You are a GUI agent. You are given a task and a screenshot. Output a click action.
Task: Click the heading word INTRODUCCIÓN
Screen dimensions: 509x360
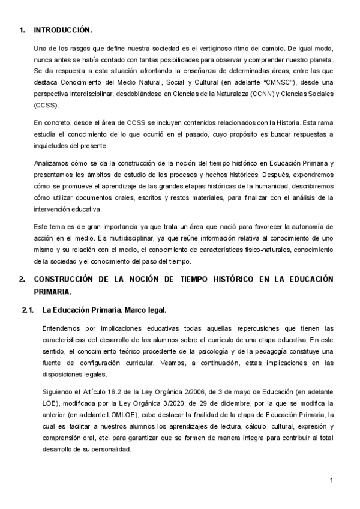[x=63, y=29]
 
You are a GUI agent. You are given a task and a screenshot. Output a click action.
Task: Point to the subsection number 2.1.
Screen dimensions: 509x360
[x=28, y=310]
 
